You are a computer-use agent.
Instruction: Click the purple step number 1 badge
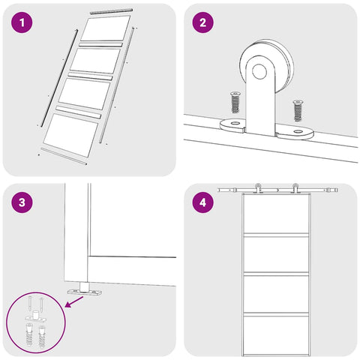pyautogui.click(x=22, y=22)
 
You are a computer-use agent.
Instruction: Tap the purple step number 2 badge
pyautogui.click(x=203, y=22)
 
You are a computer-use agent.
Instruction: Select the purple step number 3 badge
pyautogui.click(x=22, y=202)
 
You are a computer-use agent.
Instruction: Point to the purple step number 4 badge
pyautogui.click(x=203, y=202)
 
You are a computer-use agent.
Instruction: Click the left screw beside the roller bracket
pyautogui.click(x=235, y=103)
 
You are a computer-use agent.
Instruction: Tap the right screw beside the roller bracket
pyautogui.click(x=298, y=110)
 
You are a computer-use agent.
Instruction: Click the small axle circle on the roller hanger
pyautogui.click(x=259, y=71)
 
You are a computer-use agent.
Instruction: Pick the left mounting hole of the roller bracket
pyautogui.click(x=235, y=123)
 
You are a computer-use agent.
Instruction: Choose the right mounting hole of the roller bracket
pyautogui.click(x=298, y=131)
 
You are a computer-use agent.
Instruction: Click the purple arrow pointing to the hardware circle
pyautogui.click(x=74, y=302)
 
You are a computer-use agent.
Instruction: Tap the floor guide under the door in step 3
pyautogui.click(x=85, y=290)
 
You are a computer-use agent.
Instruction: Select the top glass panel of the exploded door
pyautogui.click(x=106, y=28)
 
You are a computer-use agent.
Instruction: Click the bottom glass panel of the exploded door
pyautogui.click(x=70, y=135)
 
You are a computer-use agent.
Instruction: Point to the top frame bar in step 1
pyautogui.click(x=111, y=11)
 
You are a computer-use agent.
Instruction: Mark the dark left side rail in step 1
pyautogui.click(x=60, y=78)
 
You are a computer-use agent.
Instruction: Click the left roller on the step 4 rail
pyautogui.click(x=257, y=188)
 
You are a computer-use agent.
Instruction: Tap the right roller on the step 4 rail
pyautogui.click(x=295, y=188)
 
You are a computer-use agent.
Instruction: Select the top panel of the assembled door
pyautogui.click(x=276, y=213)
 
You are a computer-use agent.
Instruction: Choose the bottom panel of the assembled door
pyautogui.click(x=276, y=334)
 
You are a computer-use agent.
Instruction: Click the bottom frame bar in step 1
pyautogui.click(x=64, y=156)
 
